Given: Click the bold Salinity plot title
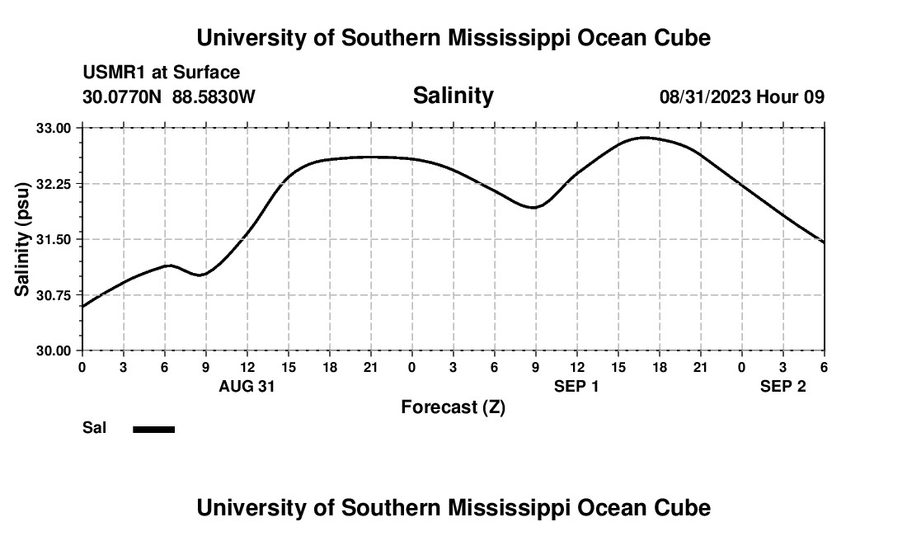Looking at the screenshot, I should pyautogui.click(x=453, y=96).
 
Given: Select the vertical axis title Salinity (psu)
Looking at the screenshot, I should pyautogui.click(x=23, y=239).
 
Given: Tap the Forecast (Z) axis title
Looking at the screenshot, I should pyautogui.click(x=453, y=407).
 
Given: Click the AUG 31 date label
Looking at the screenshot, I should pyautogui.click(x=247, y=387).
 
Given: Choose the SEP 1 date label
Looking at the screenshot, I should pyautogui.click(x=576, y=387).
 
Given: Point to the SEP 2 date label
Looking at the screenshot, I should pyautogui.click(x=782, y=387).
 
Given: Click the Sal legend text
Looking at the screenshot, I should pyautogui.click(x=94, y=428).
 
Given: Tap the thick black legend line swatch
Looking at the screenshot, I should pyautogui.click(x=154, y=429).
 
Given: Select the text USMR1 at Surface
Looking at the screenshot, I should pyautogui.click(x=162, y=73).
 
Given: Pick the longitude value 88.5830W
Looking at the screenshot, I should pyautogui.click(x=214, y=97).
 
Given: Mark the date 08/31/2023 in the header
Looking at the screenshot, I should pyautogui.click(x=705, y=97).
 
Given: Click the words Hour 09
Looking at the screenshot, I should pyautogui.click(x=791, y=97).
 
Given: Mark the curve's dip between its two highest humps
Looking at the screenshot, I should pyautogui.click(x=534, y=208).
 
